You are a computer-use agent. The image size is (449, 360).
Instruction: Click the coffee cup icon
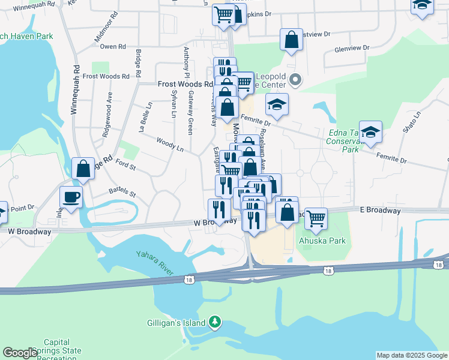click(71, 196)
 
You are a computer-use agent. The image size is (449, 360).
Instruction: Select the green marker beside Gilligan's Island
click(215, 323)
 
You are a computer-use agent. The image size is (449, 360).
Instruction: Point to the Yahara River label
click(155, 263)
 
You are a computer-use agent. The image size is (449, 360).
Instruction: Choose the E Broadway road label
click(381, 211)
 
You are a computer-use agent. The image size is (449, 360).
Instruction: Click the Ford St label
click(125, 163)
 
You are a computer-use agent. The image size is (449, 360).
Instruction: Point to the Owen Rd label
click(113, 46)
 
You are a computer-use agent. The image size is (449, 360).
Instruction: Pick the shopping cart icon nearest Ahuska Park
click(316, 219)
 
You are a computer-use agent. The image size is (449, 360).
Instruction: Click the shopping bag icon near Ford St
click(83, 169)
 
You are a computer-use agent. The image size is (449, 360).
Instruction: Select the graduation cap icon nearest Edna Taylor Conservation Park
click(370, 132)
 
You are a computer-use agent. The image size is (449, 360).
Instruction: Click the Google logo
click(20, 353)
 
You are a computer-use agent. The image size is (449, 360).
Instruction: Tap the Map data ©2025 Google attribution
click(412, 355)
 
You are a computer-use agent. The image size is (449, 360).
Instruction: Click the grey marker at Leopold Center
click(295, 80)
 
